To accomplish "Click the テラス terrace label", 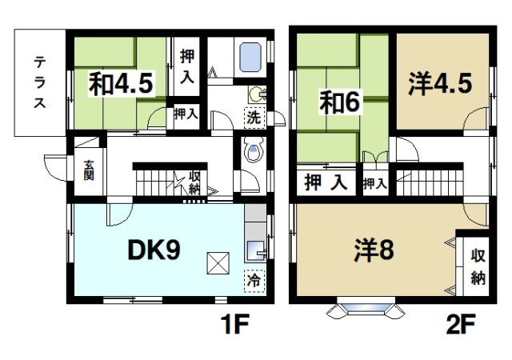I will pyautogui.click(x=38, y=83).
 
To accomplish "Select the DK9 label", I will pyautogui.click(x=154, y=250).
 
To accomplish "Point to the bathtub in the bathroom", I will pyautogui.click(x=252, y=58).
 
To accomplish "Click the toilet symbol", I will pyautogui.click(x=254, y=152).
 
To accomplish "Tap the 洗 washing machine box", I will pyautogui.click(x=254, y=116).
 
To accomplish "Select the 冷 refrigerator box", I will pyautogui.click(x=254, y=282).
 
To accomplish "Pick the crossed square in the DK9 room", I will pyautogui.click(x=217, y=261).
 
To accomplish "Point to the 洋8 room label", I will pyautogui.click(x=373, y=251).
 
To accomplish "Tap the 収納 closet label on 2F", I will pyautogui.click(x=478, y=266).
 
